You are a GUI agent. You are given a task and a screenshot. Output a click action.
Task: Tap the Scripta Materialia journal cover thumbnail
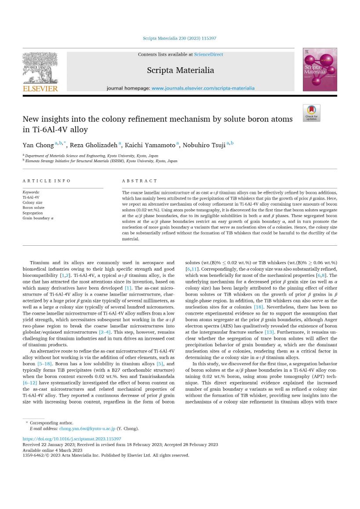click(320, 69)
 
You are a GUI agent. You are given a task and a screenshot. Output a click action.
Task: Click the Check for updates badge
click(311, 113)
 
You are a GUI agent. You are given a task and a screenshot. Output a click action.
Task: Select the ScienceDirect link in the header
click(208, 55)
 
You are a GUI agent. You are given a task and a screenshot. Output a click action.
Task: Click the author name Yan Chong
click(38, 145)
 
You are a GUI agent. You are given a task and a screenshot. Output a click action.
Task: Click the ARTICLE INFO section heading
click(47, 181)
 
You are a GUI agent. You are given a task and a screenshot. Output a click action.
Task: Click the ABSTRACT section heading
click(139, 181)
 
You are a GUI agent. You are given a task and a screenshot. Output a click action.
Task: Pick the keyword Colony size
click(33, 203)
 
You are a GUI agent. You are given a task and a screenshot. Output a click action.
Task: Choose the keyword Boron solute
click(33, 208)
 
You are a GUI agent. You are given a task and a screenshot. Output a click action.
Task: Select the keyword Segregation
click(33, 213)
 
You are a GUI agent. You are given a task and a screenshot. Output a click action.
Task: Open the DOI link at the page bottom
click(72, 439)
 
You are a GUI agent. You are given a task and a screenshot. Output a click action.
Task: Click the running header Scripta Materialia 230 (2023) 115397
click(179, 38)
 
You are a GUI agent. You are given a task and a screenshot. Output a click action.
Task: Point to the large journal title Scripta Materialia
click(180, 70)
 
